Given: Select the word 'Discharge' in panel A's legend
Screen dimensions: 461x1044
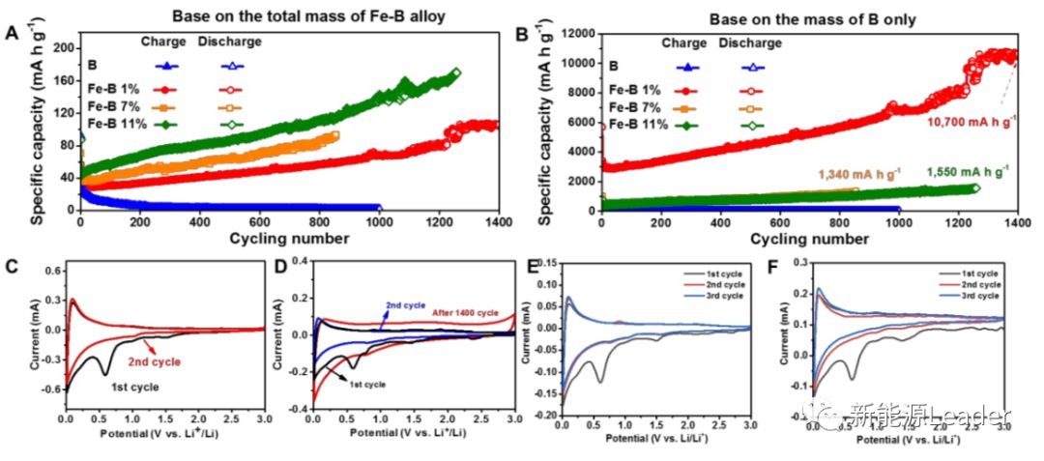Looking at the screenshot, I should point(228,42).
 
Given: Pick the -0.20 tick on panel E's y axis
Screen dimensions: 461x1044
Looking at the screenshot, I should point(544,415).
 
